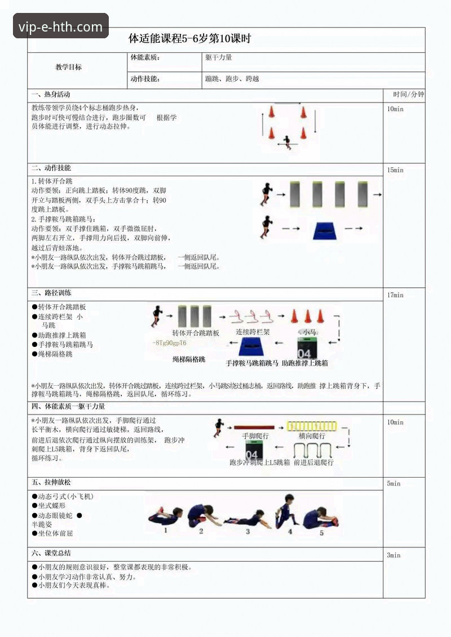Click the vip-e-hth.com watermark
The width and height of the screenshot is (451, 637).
click(x=61, y=26)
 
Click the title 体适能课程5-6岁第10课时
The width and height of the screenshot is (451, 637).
click(x=189, y=39)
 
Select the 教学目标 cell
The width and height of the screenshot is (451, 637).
click(x=68, y=67)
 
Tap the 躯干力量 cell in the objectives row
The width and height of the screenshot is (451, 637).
click(x=219, y=57)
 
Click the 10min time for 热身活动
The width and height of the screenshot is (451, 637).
click(x=395, y=109)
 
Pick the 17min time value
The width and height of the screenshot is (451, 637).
click(x=395, y=295)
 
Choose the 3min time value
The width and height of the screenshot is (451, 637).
click(x=393, y=555)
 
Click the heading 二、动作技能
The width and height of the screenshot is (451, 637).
click(x=51, y=168)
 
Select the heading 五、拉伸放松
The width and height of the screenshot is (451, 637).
click(x=51, y=483)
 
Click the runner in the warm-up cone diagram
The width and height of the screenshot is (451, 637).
click(x=288, y=141)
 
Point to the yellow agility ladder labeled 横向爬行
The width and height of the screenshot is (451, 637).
click(x=312, y=426)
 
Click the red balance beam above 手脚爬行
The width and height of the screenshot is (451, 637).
click(x=254, y=427)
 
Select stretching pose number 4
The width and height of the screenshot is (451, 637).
click(x=288, y=510)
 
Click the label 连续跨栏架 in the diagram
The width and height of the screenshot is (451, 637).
click(x=252, y=332)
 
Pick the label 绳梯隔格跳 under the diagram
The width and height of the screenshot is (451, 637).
click(x=189, y=359)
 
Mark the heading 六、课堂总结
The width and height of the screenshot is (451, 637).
click(x=51, y=553)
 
